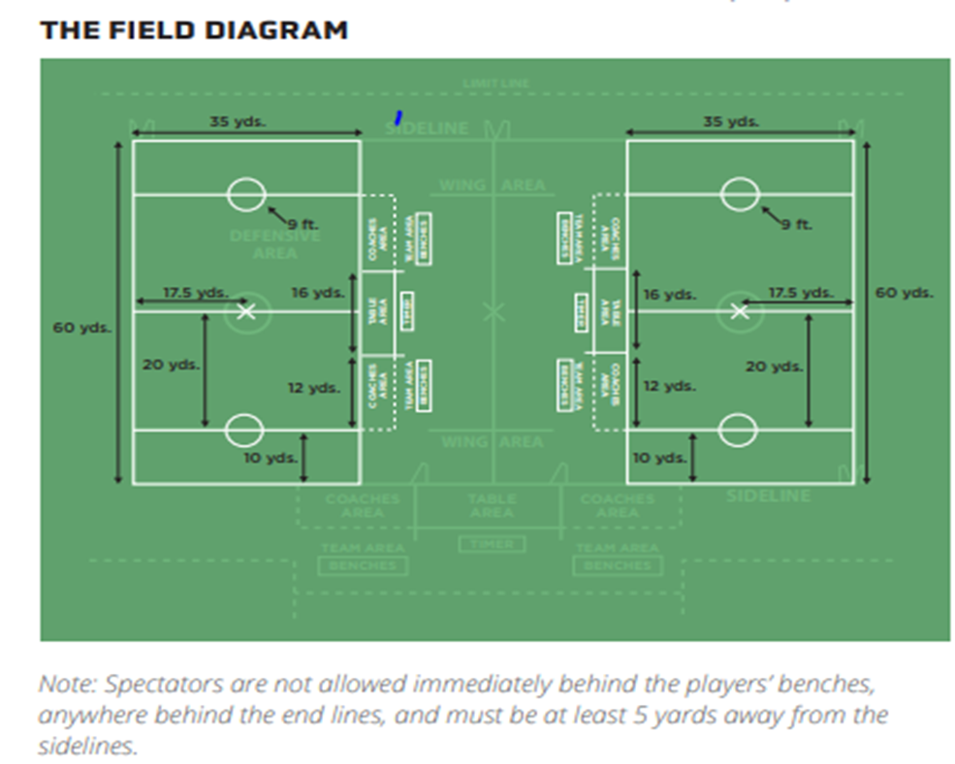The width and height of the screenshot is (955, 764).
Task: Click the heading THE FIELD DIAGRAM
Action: [x=193, y=29]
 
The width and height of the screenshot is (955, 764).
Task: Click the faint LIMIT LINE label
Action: [x=495, y=84]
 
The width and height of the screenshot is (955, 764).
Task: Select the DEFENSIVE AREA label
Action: [x=274, y=244]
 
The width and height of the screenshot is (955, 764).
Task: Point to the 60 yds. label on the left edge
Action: [x=81, y=328]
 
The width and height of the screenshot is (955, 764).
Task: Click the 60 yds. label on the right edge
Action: [x=904, y=292]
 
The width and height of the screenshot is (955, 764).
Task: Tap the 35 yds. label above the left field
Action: [x=237, y=122]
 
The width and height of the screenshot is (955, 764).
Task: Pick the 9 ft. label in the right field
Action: [x=797, y=225]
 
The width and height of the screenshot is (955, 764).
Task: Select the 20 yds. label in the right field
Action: [x=774, y=366]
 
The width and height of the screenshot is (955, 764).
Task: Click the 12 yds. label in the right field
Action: [x=669, y=386]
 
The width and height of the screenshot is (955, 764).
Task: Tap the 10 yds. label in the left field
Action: [x=270, y=458]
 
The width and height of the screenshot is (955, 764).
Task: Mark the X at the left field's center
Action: [x=246, y=311]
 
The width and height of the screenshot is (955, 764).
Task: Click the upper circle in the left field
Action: [x=246, y=194]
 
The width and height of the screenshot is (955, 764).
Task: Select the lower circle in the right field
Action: [x=739, y=429]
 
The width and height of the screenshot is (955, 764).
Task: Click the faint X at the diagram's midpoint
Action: [x=494, y=311]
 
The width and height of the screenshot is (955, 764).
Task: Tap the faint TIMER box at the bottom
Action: [x=492, y=544]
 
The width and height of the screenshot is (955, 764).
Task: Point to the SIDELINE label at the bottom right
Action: [x=768, y=496]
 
